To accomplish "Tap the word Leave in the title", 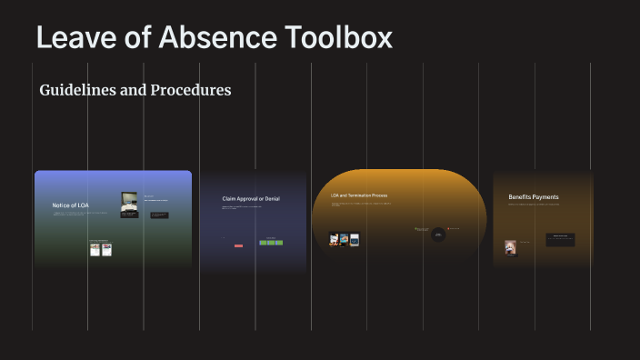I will click(x=72, y=37).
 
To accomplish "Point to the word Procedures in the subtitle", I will click(x=186, y=90).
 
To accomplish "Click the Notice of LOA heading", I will click(x=70, y=205).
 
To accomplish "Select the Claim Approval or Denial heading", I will click(x=251, y=198).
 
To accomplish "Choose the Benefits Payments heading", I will click(x=533, y=196).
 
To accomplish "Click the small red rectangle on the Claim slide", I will click(x=238, y=245).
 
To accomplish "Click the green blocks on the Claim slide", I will click(x=271, y=243).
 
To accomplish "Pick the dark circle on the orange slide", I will click(x=438, y=235).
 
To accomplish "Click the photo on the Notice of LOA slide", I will click(x=129, y=205).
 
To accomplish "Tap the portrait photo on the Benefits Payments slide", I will click(x=511, y=247).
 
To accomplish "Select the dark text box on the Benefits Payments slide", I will click(x=560, y=239).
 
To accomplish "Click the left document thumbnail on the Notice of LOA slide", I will click(x=95, y=249).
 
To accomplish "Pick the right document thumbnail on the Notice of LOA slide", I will click(x=105, y=249).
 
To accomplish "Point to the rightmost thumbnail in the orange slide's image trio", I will click(x=355, y=240).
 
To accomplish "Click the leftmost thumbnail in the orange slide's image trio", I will click(x=334, y=240).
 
